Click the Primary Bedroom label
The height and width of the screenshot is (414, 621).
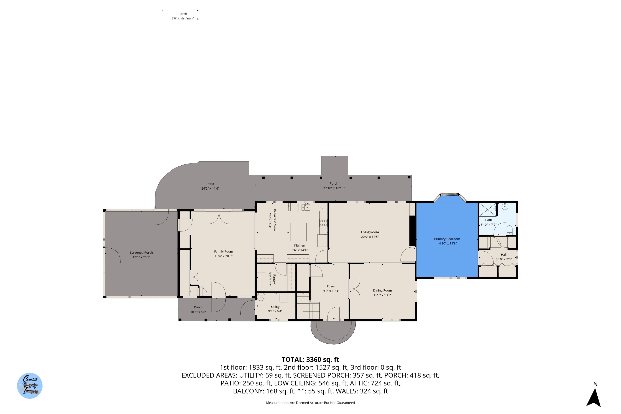(x=447, y=239)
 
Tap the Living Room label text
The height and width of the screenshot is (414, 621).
(x=370, y=232)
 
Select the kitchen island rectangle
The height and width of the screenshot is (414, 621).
(x=298, y=232)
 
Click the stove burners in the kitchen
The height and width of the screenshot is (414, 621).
(x=323, y=223)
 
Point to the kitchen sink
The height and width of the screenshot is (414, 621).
(x=306, y=207)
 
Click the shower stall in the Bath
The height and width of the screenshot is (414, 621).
(x=488, y=210)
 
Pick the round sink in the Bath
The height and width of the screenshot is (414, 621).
(x=505, y=206)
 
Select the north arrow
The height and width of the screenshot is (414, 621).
(x=593, y=398)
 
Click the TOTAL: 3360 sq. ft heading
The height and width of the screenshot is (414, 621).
(x=310, y=359)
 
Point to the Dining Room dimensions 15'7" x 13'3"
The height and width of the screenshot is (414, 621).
(x=382, y=295)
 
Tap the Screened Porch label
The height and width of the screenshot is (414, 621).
(x=141, y=253)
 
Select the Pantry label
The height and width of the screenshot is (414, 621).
(x=274, y=279)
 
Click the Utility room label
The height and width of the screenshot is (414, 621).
(x=275, y=307)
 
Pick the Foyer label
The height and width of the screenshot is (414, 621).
(x=331, y=286)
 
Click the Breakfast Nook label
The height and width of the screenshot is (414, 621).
(x=275, y=220)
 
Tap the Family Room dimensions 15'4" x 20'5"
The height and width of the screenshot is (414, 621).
(x=223, y=256)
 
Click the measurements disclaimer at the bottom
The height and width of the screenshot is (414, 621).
(x=310, y=403)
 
